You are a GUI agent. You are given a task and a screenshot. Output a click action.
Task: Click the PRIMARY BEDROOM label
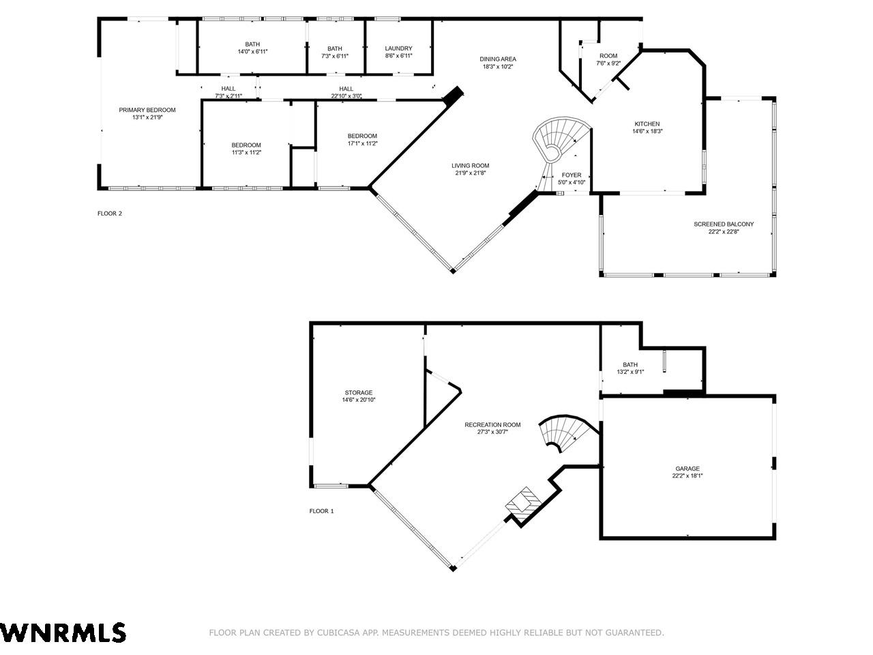pyautogui.click(x=147, y=110)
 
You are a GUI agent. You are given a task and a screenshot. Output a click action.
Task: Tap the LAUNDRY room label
pyautogui.click(x=398, y=48)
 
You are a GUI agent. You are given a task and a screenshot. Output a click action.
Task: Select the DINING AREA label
pyautogui.click(x=498, y=59)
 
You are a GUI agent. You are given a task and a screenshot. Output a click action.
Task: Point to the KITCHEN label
pyautogui.click(x=647, y=124)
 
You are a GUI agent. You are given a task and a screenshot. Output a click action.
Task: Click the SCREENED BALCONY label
pyautogui.click(x=724, y=224)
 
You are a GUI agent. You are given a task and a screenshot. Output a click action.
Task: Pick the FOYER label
pyautogui.click(x=572, y=175)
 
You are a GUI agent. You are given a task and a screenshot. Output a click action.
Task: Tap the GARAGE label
pyautogui.click(x=687, y=469)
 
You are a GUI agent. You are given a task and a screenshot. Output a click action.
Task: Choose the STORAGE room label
pyautogui.click(x=359, y=392)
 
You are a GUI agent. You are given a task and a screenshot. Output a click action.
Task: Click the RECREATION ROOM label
pyautogui.click(x=493, y=425)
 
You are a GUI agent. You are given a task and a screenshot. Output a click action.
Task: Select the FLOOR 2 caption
pyautogui.click(x=110, y=214)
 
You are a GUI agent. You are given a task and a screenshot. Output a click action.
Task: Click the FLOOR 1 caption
pyautogui.click(x=322, y=511)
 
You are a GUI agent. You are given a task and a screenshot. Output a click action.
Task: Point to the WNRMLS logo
pyautogui.click(x=63, y=632)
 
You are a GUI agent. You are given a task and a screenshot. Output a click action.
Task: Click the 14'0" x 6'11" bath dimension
pyautogui.click(x=252, y=52)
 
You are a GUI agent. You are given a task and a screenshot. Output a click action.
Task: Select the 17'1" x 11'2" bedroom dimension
pyautogui.click(x=363, y=143)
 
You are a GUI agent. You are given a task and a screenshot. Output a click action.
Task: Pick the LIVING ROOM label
pyautogui.click(x=471, y=166)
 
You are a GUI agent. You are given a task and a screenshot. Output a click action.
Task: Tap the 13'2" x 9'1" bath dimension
pyautogui.click(x=630, y=373)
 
